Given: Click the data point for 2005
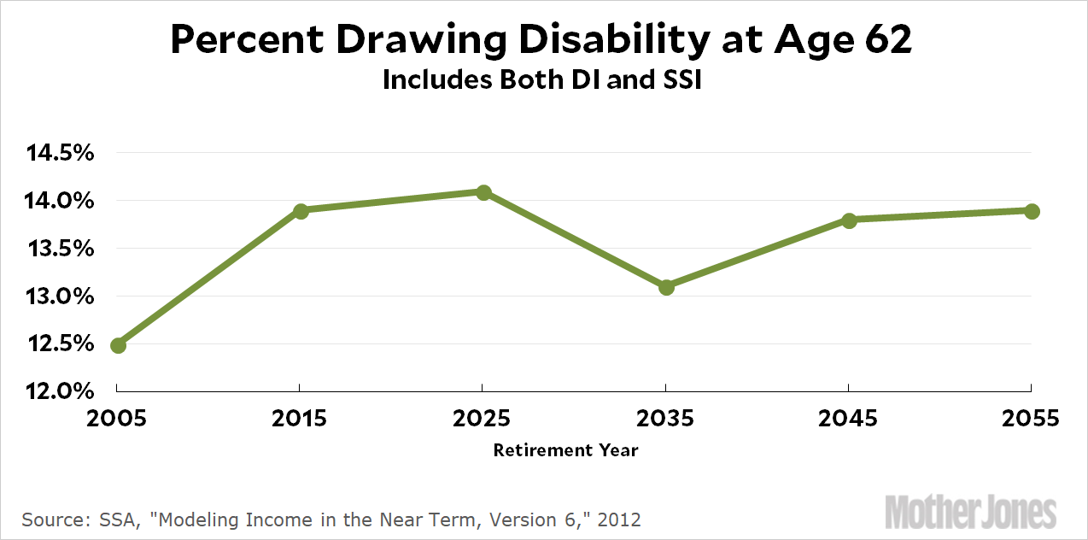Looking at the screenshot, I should (119, 345).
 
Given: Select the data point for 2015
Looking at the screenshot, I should (301, 210).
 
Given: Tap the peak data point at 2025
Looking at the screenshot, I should (483, 192).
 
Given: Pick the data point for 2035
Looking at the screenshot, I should (666, 287).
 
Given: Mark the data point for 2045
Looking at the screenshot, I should (849, 220).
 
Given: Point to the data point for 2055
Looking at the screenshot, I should (1032, 211).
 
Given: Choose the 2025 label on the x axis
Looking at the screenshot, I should (483, 419).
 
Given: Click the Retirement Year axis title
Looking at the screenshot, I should (565, 449).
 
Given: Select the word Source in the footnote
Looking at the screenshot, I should (52, 519).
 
